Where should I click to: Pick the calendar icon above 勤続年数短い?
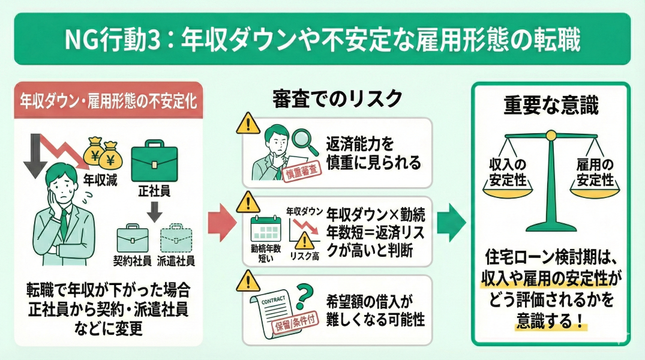[265, 230]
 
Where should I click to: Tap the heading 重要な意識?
[551, 106]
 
